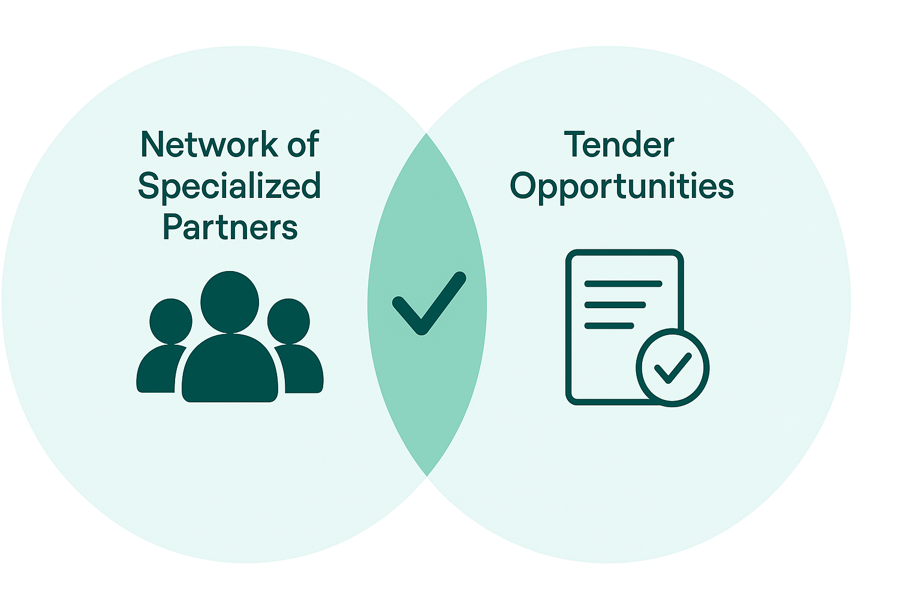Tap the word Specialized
(x=230, y=186)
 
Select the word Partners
(x=230, y=228)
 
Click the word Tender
(x=619, y=145)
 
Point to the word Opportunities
(x=622, y=186)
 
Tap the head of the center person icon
(x=230, y=302)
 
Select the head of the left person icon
(x=171, y=321)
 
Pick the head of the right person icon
(x=288, y=321)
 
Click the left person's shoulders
(x=157, y=372)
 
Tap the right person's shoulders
(x=303, y=372)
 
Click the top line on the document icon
(x=623, y=284)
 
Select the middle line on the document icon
(x=615, y=305)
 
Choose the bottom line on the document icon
(x=609, y=326)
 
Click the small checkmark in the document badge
(x=672, y=368)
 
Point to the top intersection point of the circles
(x=426, y=133)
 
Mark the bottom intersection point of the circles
(x=426, y=476)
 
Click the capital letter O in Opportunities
(x=525, y=186)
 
